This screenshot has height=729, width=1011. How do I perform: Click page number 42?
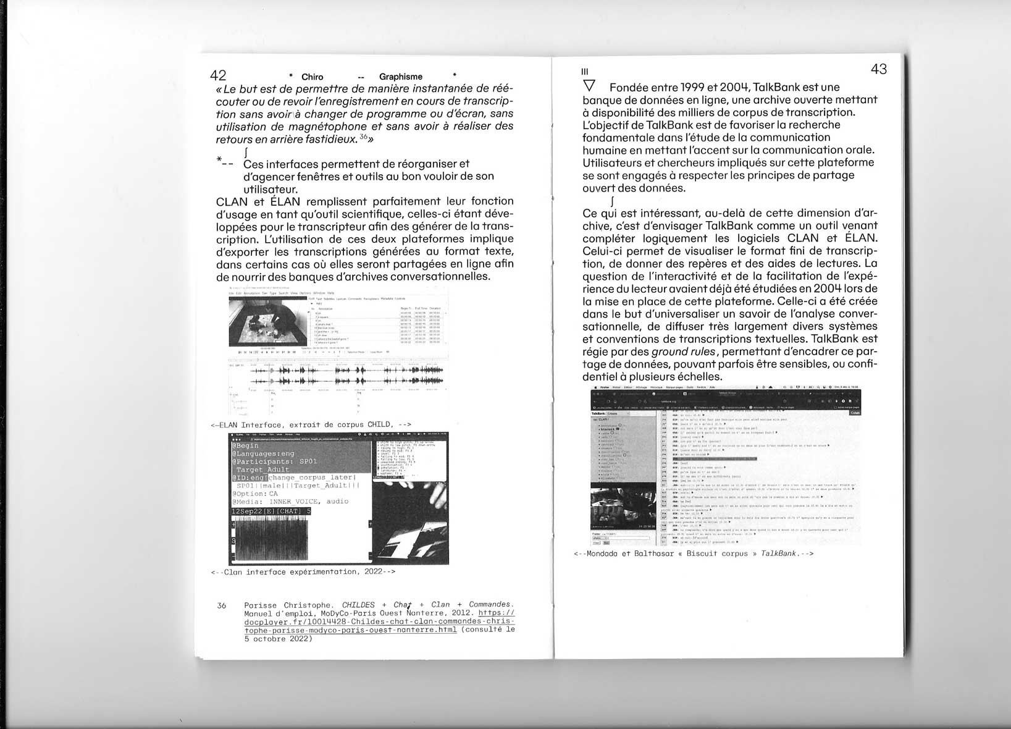tap(218, 76)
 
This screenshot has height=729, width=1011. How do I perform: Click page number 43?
tap(879, 69)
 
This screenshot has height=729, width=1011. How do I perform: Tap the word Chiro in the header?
tap(312, 77)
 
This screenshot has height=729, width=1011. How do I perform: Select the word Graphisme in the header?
tap(401, 77)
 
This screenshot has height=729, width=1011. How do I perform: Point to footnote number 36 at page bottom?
tap(222, 605)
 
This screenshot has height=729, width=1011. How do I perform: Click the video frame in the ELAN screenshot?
tap(267, 322)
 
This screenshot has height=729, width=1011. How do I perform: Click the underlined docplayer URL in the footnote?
tap(379, 622)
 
